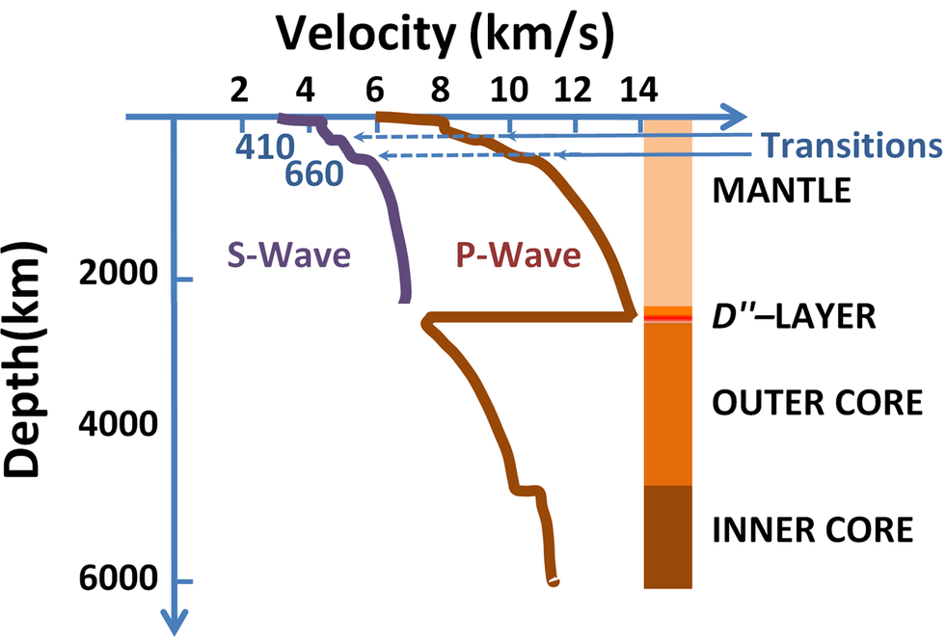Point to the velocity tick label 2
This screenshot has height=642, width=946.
pos(239,90)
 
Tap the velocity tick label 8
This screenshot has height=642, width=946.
pos(440,90)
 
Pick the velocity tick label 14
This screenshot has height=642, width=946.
pos(639,90)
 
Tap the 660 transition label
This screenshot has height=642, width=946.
pos(314,174)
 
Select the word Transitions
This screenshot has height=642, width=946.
pos(851,146)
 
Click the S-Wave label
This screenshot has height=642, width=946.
pos(288,255)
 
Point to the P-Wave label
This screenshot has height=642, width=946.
pos(519,255)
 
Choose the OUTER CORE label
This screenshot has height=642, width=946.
pos(817,401)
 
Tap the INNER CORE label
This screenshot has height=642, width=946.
pos(811,529)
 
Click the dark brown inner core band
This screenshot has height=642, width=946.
pos(667,536)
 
